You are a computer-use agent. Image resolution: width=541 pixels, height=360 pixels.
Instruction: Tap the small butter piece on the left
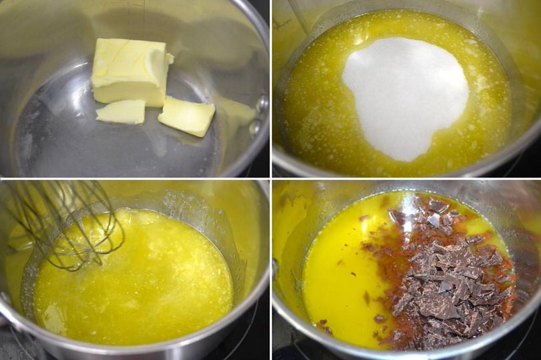click(x=121, y=112)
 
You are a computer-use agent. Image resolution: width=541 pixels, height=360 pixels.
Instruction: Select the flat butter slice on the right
click(x=187, y=116)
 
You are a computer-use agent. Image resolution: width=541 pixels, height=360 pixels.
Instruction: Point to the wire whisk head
click(x=67, y=224)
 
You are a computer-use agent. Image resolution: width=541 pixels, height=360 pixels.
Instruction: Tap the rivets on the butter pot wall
click(x=260, y=114)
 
